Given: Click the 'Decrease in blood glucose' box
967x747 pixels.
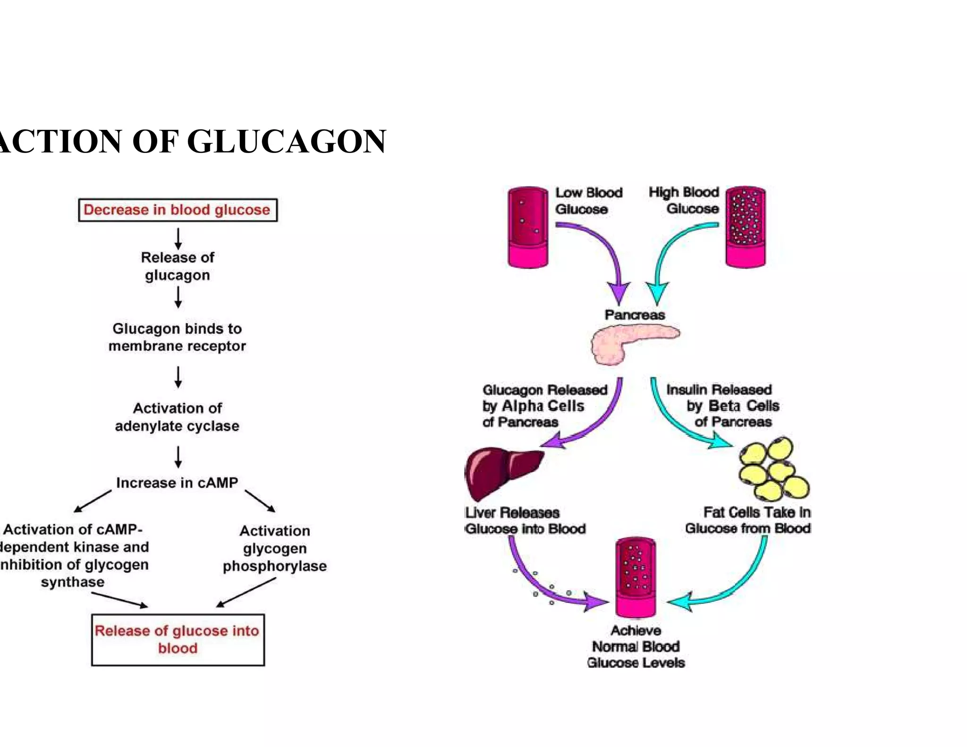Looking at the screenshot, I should click(x=178, y=210).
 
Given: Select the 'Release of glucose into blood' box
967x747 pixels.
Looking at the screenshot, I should click(x=178, y=639).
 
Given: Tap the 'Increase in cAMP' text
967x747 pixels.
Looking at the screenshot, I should click(x=177, y=483).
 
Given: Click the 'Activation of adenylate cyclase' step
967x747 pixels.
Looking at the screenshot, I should click(x=177, y=417).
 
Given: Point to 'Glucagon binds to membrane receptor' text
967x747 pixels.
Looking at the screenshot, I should click(x=177, y=337).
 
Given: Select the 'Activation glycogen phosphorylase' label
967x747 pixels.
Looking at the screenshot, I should click(x=275, y=548).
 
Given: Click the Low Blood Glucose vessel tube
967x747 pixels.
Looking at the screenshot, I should click(x=528, y=227).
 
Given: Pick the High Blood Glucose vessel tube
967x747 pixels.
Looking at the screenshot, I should click(x=745, y=227).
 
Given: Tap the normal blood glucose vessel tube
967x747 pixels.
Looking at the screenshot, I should click(x=636, y=577).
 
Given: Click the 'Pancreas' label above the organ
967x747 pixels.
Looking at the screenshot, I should click(x=635, y=315).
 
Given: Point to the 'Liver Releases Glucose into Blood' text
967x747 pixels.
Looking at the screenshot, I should click(x=525, y=521).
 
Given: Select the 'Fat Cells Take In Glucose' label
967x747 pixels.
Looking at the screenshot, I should click(x=749, y=520).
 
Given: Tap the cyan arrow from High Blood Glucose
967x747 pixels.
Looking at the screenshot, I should click(x=670, y=250).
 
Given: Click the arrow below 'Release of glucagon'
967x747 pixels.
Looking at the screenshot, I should click(x=178, y=297).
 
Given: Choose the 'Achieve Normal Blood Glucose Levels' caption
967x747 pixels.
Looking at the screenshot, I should click(x=636, y=646).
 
